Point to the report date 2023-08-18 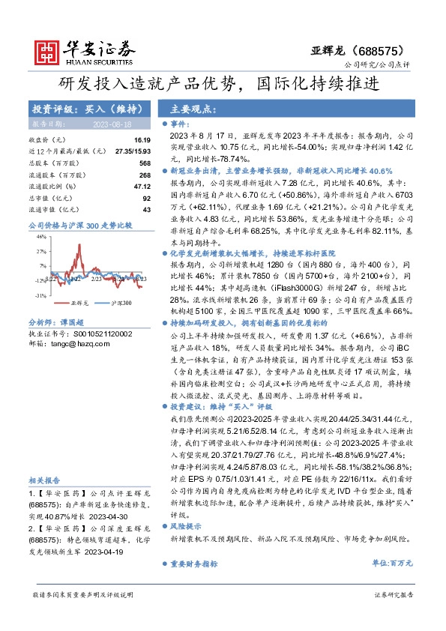(112, 124)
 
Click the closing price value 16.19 (143, 140)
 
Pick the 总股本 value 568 (145, 163)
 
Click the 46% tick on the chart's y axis (41, 236)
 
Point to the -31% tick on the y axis (40, 295)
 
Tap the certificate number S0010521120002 (100, 333)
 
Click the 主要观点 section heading (193, 109)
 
